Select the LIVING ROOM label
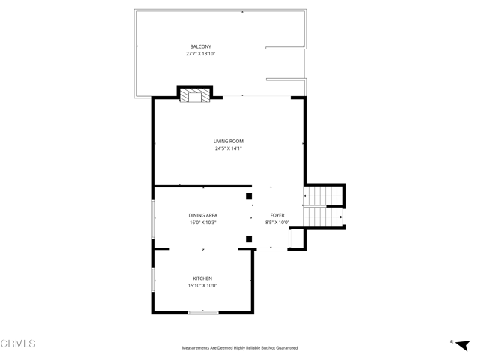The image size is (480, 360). pos(229,141)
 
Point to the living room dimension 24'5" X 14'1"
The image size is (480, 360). pos(229,148)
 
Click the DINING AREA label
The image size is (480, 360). pos(202,215)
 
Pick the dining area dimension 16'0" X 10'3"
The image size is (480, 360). pos(202,223)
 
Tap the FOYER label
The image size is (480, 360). pos(277,215)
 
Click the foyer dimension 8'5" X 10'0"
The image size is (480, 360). pos(277,223)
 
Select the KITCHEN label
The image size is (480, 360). pos(202,278)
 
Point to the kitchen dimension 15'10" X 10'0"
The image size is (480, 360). pos(202,286)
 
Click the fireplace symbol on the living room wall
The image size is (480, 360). pos(195,95)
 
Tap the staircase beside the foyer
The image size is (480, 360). pos(322,207)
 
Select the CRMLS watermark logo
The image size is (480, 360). pos(18,344)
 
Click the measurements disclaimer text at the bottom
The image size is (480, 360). pos(240,348)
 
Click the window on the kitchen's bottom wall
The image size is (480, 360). pos(203,312)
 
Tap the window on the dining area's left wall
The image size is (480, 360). pos(153,219)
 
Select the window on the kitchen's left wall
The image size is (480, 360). pos(153,279)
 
